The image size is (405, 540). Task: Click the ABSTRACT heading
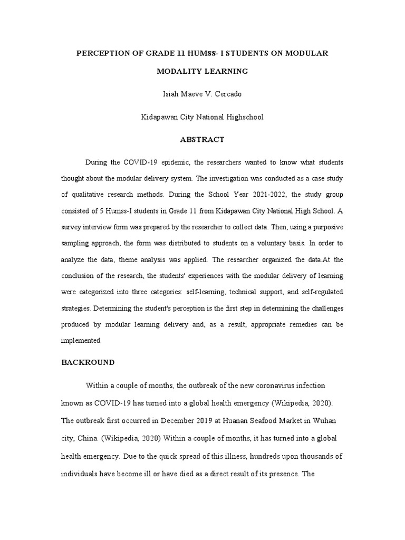tap(202, 140)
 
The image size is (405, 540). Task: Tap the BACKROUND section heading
tap(88, 363)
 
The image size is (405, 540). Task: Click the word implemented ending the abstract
tap(81, 341)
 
